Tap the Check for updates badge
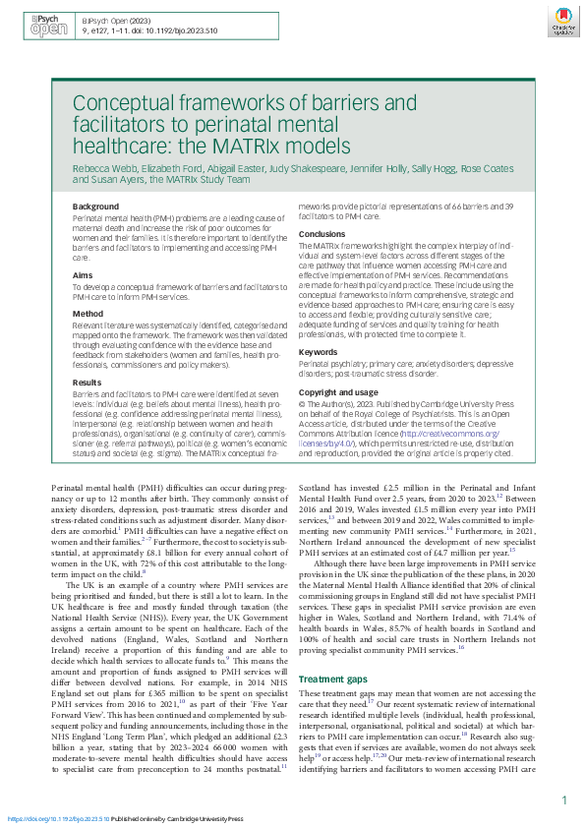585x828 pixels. pyautogui.click(x=562, y=24)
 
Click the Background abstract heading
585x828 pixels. pyautogui.click(x=94, y=207)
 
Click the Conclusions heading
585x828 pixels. pyautogui.click(x=323, y=234)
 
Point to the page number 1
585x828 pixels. pyautogui.click(x=563, y=800)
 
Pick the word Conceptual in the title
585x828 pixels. pyautogui.click(x=125, y=104)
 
